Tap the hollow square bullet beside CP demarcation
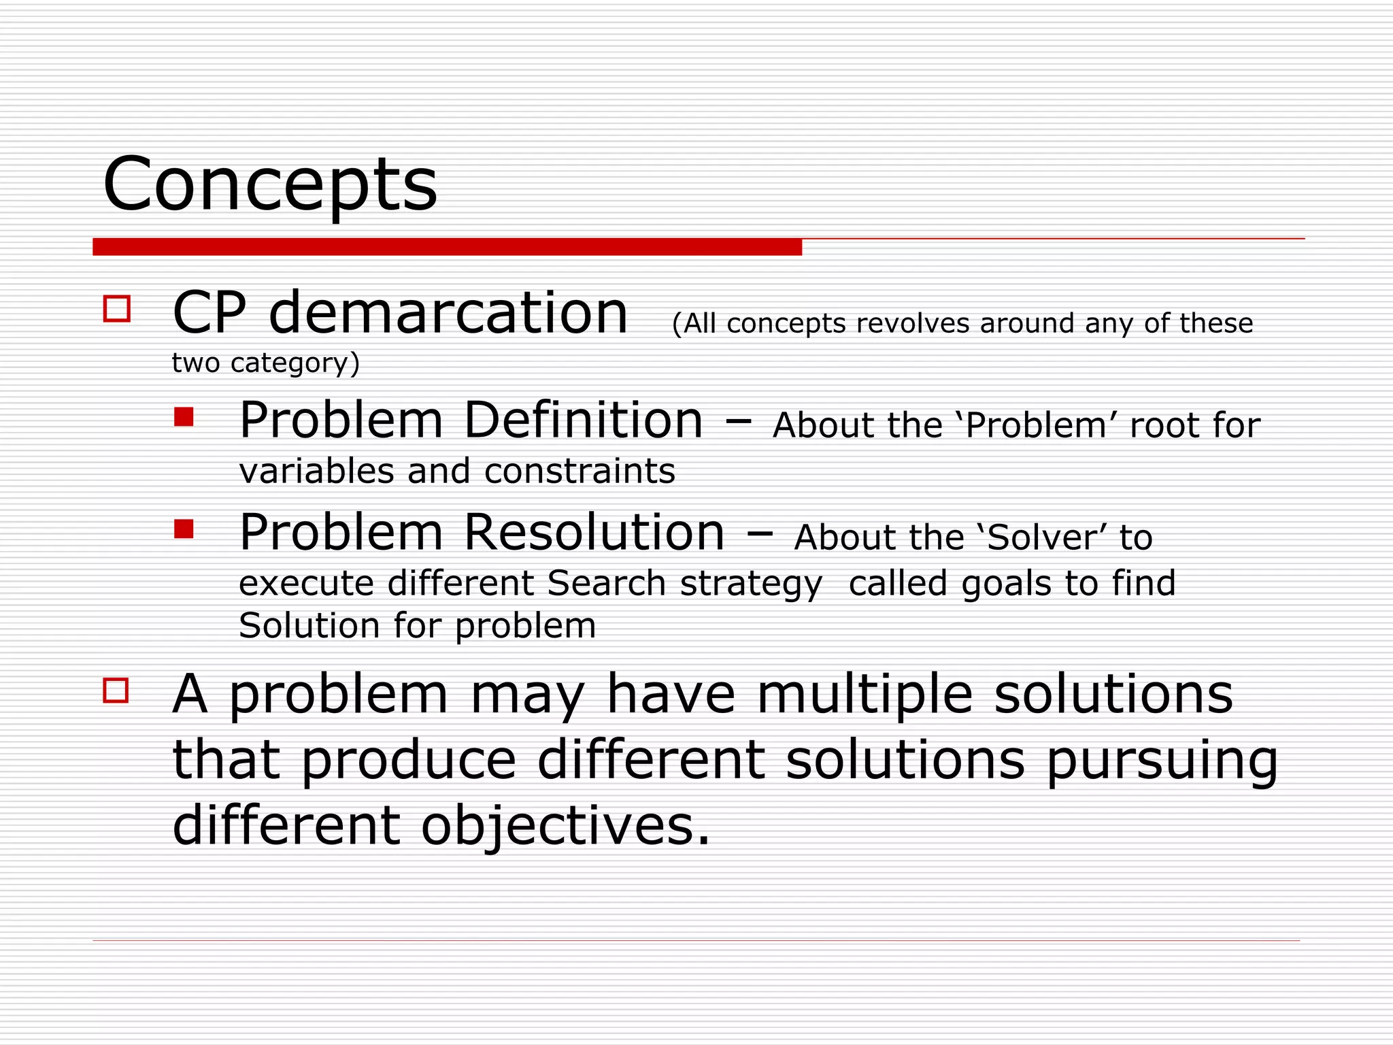click(116, 308)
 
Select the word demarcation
click(448, 313)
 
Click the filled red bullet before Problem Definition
click(184, 416)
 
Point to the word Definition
click(583, 420)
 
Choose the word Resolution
click(594, 532)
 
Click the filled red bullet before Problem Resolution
click(184, 529)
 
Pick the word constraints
click(580, 471)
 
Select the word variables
click(316, 471)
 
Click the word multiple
click(865, 695)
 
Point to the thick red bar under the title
click(447, 247)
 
